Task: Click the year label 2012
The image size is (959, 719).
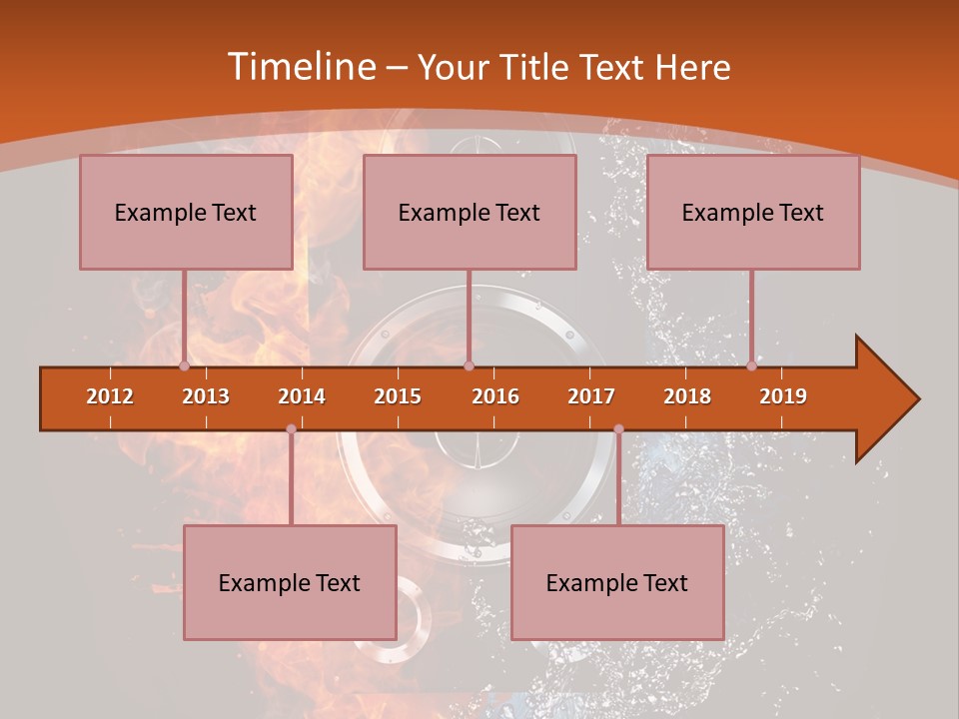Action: (110, 396)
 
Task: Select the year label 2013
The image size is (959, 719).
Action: (206, 396)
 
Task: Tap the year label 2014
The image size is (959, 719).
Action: (302, 396)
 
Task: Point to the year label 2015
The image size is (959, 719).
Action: (398, 396)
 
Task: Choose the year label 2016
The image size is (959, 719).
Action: (495, 396)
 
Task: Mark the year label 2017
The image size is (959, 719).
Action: (591, 396)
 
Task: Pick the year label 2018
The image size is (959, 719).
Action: (687, 396)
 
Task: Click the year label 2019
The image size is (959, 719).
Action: (783, 396)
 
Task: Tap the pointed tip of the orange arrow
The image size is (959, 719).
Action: (916, 399)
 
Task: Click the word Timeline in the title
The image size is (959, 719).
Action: (300, 67)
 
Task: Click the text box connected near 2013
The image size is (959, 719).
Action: (186, 212)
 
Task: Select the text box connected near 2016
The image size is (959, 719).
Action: (470, 212)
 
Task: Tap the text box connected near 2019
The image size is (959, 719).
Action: (753, 212)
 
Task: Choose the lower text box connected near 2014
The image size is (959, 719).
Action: (290, 582)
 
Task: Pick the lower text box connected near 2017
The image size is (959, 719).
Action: (617, 582)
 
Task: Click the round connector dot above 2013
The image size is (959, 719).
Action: (184, 365)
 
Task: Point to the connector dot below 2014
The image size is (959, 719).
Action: (291, 428)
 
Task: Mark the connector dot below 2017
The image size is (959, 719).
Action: (618, 428)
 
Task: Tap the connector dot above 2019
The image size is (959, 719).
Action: (751, 365)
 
